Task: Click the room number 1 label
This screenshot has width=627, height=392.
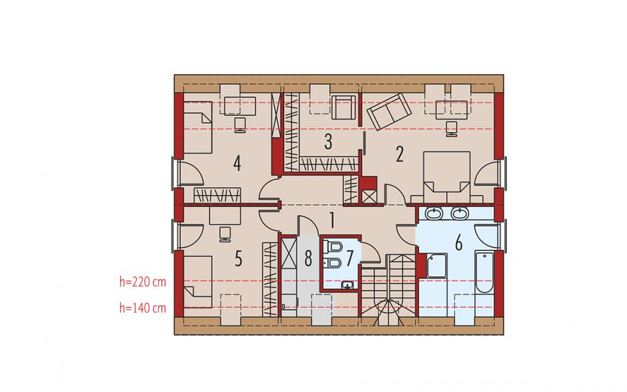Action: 332,220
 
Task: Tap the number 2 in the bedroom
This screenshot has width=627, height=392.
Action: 400,154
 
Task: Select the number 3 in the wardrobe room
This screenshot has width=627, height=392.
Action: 328,142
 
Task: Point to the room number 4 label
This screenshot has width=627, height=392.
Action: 237,164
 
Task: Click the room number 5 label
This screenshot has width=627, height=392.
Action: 238,259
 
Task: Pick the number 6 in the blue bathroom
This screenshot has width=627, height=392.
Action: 459,243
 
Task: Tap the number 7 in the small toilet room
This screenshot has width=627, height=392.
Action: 350,258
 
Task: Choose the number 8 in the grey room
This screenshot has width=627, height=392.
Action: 308,258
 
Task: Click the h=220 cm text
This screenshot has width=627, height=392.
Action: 143,282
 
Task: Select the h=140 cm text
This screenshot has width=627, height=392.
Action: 143,308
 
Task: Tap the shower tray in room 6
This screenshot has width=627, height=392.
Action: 437,266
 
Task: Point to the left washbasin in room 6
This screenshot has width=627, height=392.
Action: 434,214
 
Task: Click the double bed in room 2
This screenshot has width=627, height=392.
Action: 447,177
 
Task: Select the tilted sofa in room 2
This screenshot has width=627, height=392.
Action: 389,112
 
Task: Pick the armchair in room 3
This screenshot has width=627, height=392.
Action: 344,108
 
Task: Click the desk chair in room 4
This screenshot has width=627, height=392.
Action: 240,125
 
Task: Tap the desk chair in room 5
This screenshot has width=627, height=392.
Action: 225,234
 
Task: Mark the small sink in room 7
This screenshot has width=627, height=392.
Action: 348,285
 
